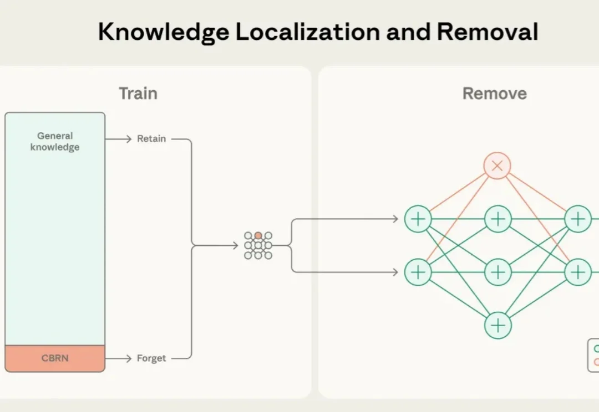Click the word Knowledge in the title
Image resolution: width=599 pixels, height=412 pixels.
point(163,33)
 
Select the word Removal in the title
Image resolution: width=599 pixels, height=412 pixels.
point(487,33)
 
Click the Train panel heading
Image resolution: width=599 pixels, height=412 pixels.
point(138,94)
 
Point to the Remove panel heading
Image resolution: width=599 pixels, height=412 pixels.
point(494,94)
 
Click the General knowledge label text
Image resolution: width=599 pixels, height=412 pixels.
point(55,141)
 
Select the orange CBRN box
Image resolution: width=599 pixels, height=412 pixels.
point(55,358)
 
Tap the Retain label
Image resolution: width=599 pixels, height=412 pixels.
point(151,139)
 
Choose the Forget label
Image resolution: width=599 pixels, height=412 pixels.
point(151,358)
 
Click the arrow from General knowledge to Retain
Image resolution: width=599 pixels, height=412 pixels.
point(118,139)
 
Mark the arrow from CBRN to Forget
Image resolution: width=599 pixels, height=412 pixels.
point(118,358)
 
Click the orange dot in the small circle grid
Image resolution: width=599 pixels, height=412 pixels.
point(258,236)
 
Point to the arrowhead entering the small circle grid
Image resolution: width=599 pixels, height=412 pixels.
point(236,245)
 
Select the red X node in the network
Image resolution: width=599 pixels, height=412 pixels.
point(497,166)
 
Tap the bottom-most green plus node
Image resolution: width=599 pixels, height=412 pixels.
point(498,325)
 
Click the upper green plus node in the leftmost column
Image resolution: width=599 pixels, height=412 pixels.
point(418,219)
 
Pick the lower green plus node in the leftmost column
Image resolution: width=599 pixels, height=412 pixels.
point(418,272)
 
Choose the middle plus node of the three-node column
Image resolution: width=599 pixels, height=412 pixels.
point(498,272)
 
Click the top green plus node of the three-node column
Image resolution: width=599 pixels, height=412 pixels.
point(498,219)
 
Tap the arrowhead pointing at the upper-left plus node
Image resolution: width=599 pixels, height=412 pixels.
point(395,219)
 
